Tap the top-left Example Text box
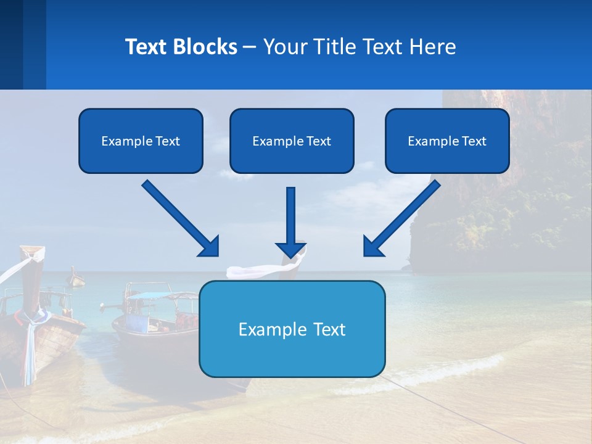(141, 141)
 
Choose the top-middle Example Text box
(292, 141)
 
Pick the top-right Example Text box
(447, 141)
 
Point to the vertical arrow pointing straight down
(290, 222)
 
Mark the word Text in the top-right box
(474, 141)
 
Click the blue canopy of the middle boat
(149, 295)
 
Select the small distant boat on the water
(76, 279)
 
